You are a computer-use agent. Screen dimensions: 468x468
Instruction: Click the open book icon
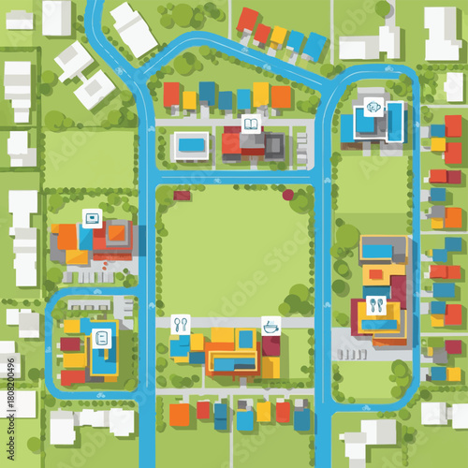tap(251, 123)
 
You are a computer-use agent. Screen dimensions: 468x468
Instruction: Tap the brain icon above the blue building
tap(373, 107)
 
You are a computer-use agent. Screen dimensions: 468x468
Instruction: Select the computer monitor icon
tap(92, 219)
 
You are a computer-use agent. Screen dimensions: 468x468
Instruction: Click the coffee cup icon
tap(271, 326)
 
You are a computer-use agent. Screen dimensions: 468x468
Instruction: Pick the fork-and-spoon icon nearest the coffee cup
tap(181, 324)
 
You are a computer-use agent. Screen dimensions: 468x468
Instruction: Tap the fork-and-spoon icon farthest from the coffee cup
tap(375, 305)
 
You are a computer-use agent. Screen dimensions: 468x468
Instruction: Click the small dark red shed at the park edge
tap(182, 196)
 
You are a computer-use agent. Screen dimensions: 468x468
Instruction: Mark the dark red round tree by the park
tap(288, 195)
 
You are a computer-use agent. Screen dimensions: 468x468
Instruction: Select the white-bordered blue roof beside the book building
tap(191, 144)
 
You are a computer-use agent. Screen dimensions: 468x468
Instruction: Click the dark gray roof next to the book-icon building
tap(274, 144)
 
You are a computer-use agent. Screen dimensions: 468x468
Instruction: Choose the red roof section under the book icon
tap(231, 144)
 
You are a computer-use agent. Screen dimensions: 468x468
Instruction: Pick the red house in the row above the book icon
tap(171, 95)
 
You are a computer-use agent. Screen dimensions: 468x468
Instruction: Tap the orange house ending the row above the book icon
tap(280, 96)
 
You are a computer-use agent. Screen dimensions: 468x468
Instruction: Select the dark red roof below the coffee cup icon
tap(271, 346)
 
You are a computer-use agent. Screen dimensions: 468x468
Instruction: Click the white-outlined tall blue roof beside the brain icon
tap(395, 121)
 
